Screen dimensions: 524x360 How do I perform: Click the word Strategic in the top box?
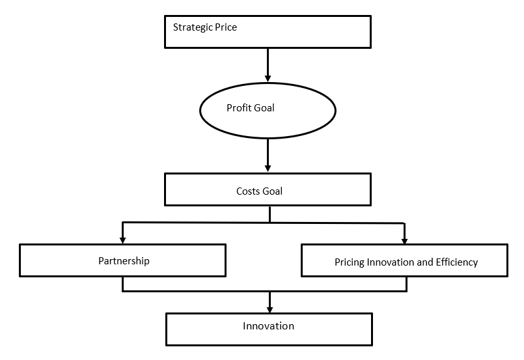(x=193, y=27)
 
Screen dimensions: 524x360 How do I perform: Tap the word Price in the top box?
(x=226, y=27)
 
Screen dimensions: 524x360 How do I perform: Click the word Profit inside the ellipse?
(x=239, y=107)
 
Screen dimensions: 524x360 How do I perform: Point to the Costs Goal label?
(x=259, y=191)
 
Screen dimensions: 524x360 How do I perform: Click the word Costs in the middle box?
(x=248, y=191)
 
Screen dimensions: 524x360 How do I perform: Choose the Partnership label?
(x=124, y=261)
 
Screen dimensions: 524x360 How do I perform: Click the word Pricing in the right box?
(x=350, y=262)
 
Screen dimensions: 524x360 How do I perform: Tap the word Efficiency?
(x=457, y=262)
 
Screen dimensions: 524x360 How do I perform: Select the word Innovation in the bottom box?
(x=268, y=326)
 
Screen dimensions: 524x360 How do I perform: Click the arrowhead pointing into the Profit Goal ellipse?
(x=268, y=78)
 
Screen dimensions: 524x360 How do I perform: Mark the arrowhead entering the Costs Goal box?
(x=268, y=168)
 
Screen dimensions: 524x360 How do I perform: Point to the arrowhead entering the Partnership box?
(x=122, y=240)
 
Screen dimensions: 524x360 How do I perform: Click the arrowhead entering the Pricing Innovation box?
(x=404, y=241)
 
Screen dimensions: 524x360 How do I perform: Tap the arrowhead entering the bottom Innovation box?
(x=269, y=309)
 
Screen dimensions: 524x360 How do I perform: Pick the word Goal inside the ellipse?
(x=264, y=107)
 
